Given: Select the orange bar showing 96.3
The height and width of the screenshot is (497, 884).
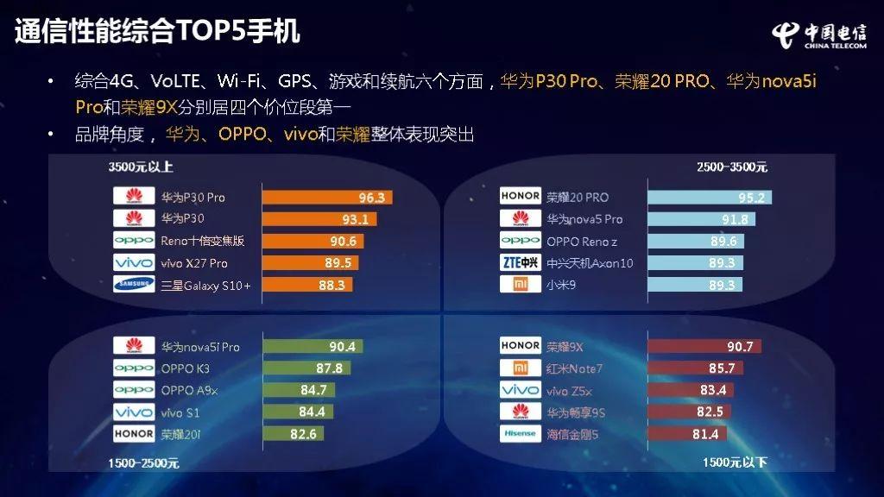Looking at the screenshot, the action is [x=327, y=198].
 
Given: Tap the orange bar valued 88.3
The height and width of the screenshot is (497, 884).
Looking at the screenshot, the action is [x=307, y=285].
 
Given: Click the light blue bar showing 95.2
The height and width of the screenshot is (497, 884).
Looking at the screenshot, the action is [x=710, y=198].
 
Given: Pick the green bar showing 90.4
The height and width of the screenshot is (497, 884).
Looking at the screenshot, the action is [x=313, y=346].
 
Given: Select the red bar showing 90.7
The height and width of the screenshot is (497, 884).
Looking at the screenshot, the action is [x=704, y=346].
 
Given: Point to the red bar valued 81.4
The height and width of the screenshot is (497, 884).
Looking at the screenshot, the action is [x=687, y=434].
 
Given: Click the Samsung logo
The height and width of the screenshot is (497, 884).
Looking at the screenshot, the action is [x=134, y=284].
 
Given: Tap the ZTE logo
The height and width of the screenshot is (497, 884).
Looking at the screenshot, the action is [x=521, y=262].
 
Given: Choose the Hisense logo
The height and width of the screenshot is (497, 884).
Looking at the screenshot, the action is [x=521, y=433].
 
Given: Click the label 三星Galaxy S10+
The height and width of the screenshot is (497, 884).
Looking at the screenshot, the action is [x=205, y=286].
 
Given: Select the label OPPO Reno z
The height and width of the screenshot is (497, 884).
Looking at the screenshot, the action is [x=582, y=242].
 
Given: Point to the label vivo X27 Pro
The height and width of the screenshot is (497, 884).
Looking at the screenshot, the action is [x=194, y=263].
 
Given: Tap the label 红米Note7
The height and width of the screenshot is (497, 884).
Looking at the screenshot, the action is [x=574, y=368].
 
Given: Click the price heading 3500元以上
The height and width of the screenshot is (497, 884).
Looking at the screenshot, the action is [x=141, y=167].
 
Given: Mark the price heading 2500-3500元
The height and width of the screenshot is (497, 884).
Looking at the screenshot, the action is [x=732, y=167].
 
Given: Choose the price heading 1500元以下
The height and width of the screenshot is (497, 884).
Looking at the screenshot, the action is [x=735, y=462].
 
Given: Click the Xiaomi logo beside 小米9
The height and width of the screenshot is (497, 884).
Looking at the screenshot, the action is [x=521, y=284].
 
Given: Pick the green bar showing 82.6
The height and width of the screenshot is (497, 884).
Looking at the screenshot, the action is [x=294, y=434].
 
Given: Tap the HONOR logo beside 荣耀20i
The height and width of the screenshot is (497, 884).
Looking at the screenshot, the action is [x=134, y=433].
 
